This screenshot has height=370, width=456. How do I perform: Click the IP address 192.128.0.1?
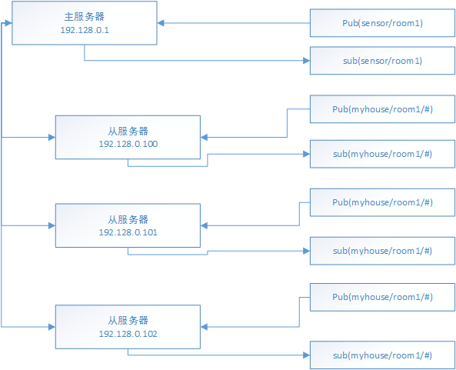pyautogui.click(x=85, y=30)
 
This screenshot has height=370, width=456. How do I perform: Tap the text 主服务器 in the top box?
pyautogui.click(x=85, y=17)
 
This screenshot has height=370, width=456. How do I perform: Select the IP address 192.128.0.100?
pyautogui.click(x=128, y=144)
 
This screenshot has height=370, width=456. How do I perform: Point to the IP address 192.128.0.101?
pyautogui.click(x=128, y=232)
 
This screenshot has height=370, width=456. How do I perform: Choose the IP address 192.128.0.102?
pyautogui.click(x=128, y=334)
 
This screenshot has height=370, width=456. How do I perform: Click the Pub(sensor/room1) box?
pyautogui.click(x=382, y=23)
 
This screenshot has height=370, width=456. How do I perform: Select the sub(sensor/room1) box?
pyautogui.click(x=382, y=61)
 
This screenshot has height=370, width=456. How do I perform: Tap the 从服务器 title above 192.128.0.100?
pyautogui.click(x=128, y=132)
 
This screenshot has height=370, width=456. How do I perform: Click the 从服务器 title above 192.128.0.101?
pyautogui.click(x=128, y=219)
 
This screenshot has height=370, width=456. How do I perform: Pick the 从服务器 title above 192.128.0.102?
pyautogui.click(x=128, y=321)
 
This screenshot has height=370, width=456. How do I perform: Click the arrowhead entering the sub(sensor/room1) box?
pyautogui.click(x=307, y=61)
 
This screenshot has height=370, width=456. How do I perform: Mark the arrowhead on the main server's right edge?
pyautogui.click(x=161, y=23)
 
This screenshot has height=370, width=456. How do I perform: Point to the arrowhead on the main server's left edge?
pyautogui.click(x=8, y=23)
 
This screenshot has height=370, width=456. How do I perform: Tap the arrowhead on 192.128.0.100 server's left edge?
pyautogui.click(x=52, y=137)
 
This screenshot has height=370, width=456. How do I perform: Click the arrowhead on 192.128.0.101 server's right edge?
pyautogui.click(x=204, y=225)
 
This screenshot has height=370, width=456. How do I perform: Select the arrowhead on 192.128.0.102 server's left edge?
pyautogui.click(x=52, y=327)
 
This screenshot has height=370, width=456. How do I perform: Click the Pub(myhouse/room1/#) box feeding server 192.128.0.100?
pyautogui.click(x=382, y=109)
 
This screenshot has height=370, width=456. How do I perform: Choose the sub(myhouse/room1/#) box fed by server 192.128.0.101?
pyautogui.click(x=382, y=251)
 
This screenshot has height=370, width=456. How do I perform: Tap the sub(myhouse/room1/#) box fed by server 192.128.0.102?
pyautogui.click(x=382, y=355)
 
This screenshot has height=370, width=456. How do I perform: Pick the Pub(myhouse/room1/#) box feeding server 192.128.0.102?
pyautogui.click(x=382, y=297)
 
